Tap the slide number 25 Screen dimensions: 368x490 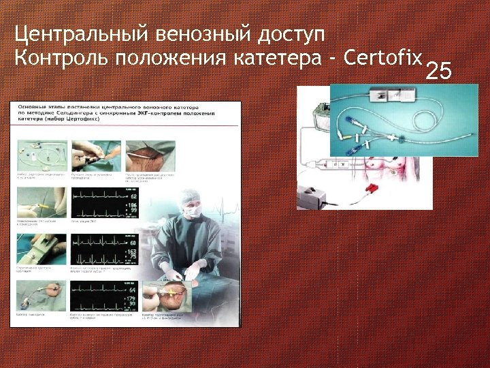point(438,70)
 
